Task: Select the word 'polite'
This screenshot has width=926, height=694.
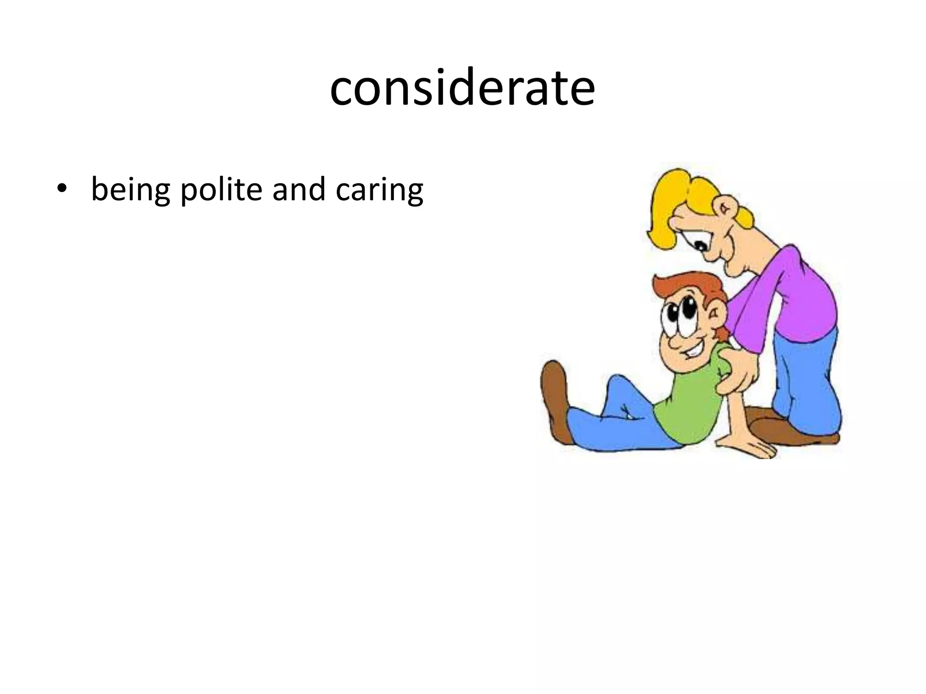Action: click(221, 189)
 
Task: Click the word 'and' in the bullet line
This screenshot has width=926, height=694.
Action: click(299, 189)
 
